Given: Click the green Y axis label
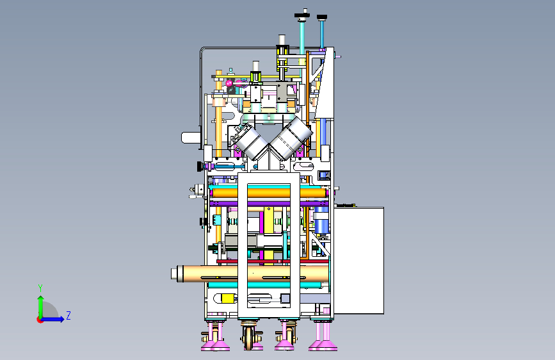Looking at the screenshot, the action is tap(40, 288).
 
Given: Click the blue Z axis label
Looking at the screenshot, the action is tap(68, 315).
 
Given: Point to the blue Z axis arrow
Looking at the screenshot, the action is tap(52, 319).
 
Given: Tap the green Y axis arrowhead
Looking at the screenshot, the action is tap(41, 299).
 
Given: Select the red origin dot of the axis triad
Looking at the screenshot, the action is tap(40, 320).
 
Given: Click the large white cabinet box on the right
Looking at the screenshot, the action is tap(358, 261).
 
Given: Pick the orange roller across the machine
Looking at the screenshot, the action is tap(269, 193).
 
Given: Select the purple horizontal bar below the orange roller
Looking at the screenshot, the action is tap(269, 204).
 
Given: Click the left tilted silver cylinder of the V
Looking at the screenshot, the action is tap(251, 142).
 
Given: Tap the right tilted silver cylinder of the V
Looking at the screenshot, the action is tap(291, 138).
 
